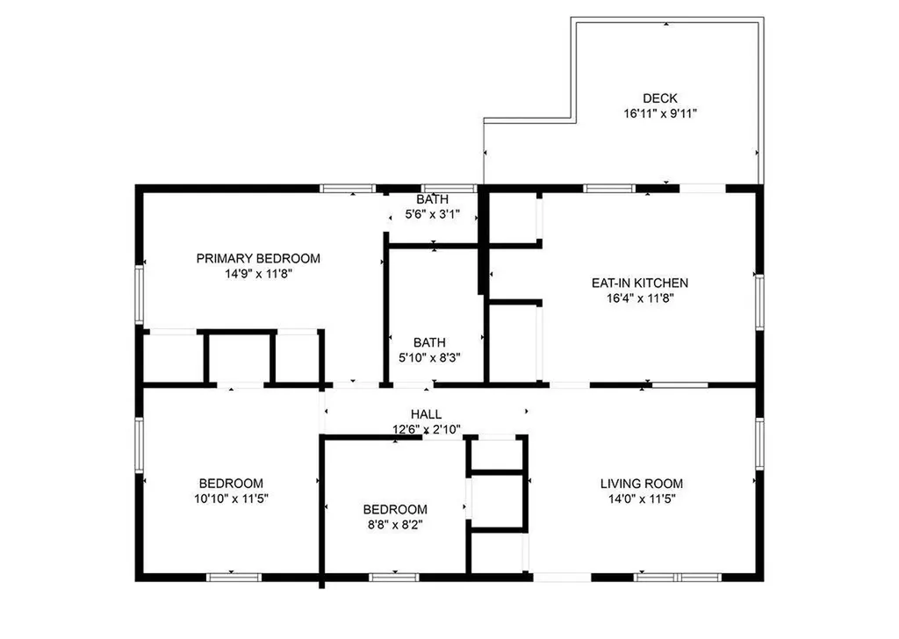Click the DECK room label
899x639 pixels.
pos(659,98)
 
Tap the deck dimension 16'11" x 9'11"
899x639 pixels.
pos(659,113)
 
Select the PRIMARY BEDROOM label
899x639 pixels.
pos(258,258)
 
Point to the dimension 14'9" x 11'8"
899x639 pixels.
pos(258,273)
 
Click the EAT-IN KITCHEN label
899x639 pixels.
pos(639,283)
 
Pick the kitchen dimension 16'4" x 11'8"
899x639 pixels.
pos(639,298)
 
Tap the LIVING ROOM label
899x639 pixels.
pos(641,484)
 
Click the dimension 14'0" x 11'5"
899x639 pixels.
pos(641,499)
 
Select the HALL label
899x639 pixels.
pos(427,414)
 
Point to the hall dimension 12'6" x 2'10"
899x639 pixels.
pos(427,429)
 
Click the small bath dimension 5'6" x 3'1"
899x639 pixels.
pos(432,214)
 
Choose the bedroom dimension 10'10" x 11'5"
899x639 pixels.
pos(231,499)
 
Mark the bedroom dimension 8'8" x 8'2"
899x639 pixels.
pos(395,524)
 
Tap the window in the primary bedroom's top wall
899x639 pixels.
pos(348,188)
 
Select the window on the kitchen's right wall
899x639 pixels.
pos(759,303)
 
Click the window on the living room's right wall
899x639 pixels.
pos(759,444)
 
